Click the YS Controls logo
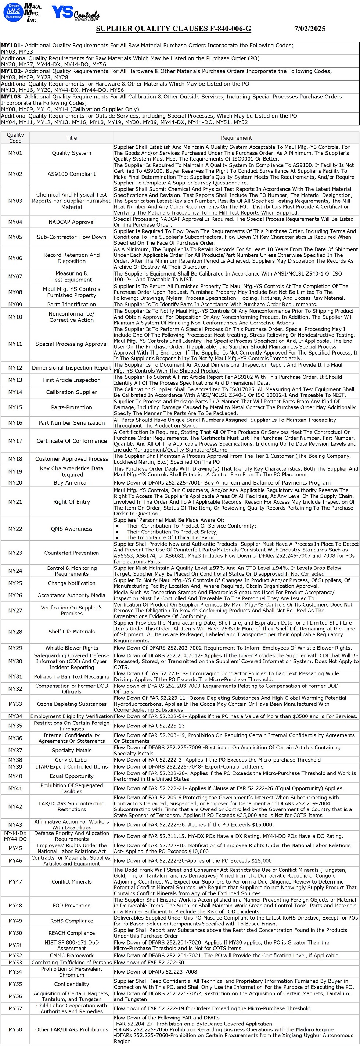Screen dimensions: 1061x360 [75, 13]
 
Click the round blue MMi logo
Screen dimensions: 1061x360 [12, 12]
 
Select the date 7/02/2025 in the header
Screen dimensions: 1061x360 [310, 28]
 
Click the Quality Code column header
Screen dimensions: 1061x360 [15, 137]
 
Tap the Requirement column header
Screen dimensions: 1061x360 [236, 137]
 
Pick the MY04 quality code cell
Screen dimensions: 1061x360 [15, 222]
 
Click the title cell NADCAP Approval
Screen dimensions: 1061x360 [72, 222]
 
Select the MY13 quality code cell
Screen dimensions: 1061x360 [15, 380]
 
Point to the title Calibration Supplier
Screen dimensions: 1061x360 [72, 392]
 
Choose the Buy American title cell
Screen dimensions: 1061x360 [72, 482]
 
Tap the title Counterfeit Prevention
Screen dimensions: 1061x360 [72, 553]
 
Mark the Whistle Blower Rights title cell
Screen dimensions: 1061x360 [72, 648]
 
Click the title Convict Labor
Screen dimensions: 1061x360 [72, 760]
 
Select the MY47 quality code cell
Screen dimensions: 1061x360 [15, 881]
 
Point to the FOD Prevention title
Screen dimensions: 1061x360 [72, 905]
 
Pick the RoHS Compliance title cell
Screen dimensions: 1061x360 [72, 921]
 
